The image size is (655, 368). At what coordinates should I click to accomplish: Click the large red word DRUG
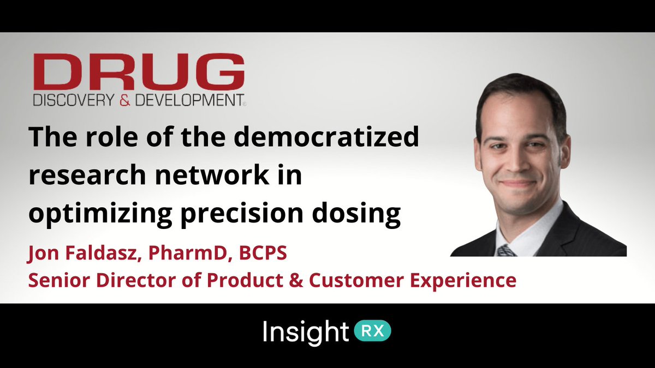139,72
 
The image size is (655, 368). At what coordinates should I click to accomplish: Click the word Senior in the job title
53,280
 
